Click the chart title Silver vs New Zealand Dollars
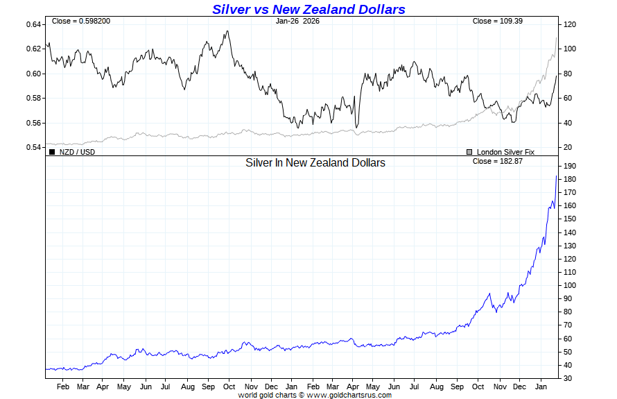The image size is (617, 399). click(308, 9)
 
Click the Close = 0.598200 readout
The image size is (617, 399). click(81, 21)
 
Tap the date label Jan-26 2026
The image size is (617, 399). click(302, 21)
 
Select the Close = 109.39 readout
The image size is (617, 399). click(497, 21)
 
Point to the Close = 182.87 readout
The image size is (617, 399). click(497, 161)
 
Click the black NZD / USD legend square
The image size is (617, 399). click(52, 151)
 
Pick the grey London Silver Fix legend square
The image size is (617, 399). click(469, 151)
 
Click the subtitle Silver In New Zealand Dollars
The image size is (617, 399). click(315, 162)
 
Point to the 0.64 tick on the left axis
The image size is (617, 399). click(34, 24)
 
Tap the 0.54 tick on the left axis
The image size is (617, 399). click(34, 148)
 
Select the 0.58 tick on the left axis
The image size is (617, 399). click(34, 99)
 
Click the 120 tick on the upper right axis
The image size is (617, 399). click(570, 24)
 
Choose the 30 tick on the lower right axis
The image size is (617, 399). click(568, 378)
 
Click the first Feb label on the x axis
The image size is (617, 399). click(62, 386)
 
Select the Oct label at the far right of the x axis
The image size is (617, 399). click(478, 386)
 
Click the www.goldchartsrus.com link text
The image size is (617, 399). click(349, 395)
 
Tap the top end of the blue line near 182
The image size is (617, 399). click(557, 176)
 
